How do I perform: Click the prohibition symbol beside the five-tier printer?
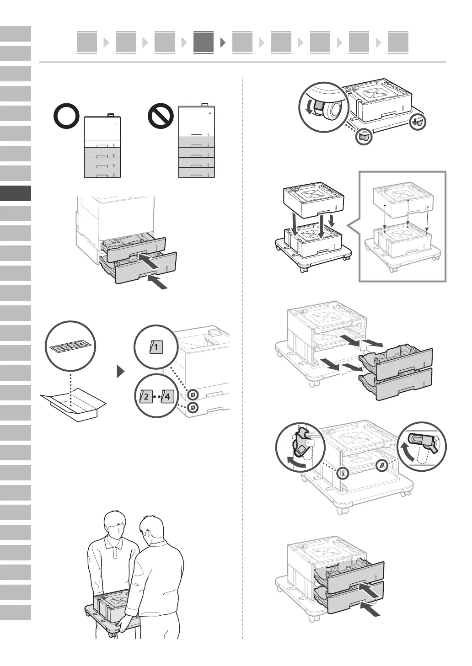pos(161,117)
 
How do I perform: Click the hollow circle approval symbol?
pos(67,117)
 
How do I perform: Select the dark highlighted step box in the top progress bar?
pos(204,43)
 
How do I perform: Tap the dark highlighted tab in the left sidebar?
pos(16,193)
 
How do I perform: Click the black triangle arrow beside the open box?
pos(121,372)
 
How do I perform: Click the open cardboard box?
pos(73,405)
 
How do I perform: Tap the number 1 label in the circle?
pos(156,347)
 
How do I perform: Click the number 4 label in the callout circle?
pos(166,396)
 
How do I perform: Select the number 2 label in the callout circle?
pos(146,396)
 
